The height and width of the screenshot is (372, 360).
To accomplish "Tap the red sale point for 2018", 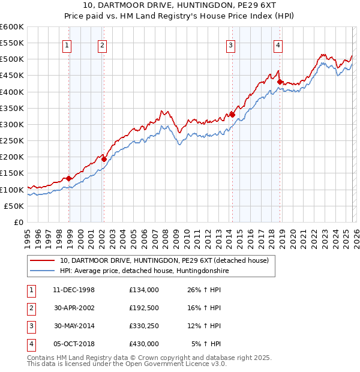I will pyautogui.click(x=280, y=82).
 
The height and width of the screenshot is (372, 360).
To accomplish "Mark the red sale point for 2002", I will pyautogui.click(x=104, y=159).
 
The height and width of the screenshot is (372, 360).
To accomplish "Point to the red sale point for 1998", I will pyautogui.click(x=69, y=178).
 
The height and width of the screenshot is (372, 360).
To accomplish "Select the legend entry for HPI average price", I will pyautogui.click(x=144, y=271).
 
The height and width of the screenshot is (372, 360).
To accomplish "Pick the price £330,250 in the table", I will pyautogui.click(x=144, y=326).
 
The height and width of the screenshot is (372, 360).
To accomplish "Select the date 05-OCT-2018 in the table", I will pyautogui.click(x=74, y=344).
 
